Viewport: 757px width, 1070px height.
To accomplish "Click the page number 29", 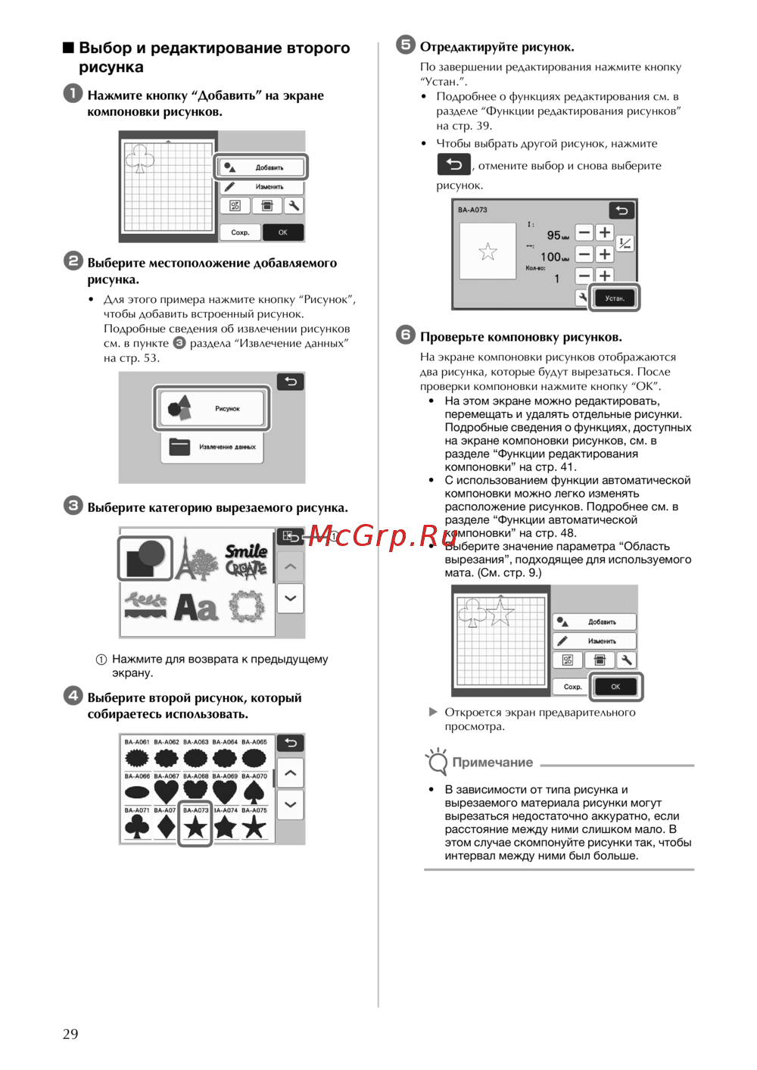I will [70, 1034].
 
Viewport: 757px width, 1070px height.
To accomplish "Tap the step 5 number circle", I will [406, 45].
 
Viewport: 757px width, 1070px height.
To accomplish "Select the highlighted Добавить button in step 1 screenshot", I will [262, 167].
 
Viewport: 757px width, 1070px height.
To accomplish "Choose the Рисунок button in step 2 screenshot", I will [213, 408].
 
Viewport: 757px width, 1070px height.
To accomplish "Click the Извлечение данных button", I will [213, 447].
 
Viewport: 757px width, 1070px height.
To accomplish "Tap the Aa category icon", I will [196, 607].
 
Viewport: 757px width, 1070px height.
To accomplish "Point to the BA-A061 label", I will [137, 742].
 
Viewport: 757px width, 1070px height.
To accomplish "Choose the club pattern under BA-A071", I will [137, 827].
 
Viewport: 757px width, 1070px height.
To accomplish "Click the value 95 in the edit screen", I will [553, 236].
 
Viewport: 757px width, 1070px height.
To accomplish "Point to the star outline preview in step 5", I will [488, 251].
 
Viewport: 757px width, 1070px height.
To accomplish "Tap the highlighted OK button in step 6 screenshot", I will [615, 687].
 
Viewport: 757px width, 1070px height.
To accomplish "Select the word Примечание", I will [493, 763].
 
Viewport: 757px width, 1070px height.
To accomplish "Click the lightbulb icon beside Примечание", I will [437, 761].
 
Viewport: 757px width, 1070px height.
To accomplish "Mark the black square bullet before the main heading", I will [68, 48].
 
